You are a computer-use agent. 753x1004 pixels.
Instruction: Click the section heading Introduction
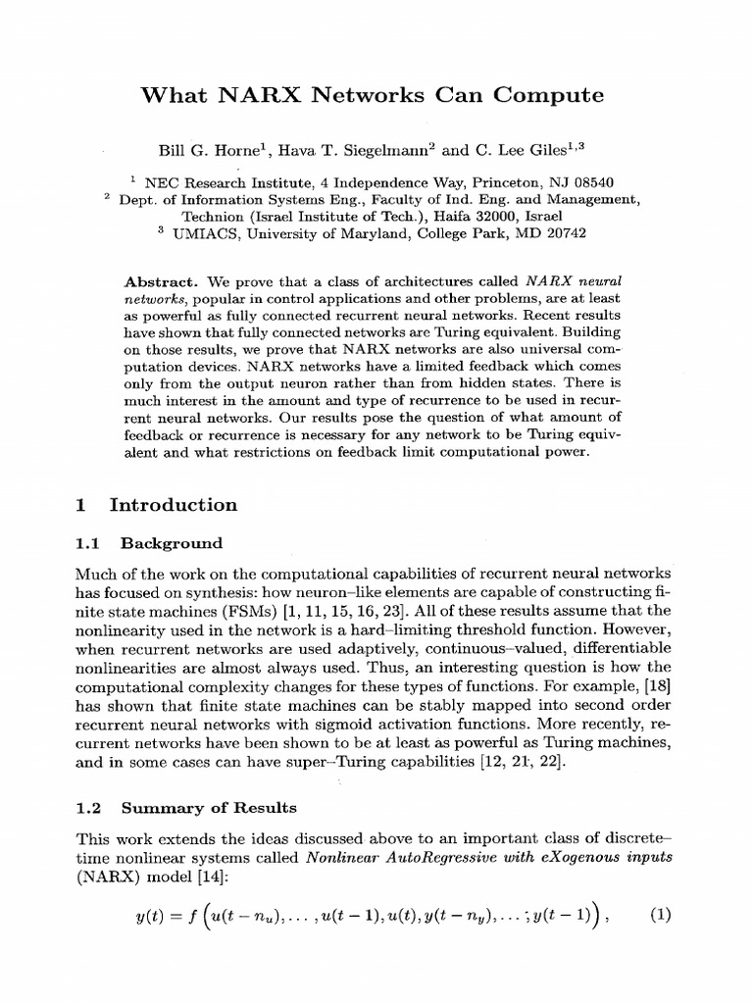pos(173,505)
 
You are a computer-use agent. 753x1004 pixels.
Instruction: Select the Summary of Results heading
pos(208,809)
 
